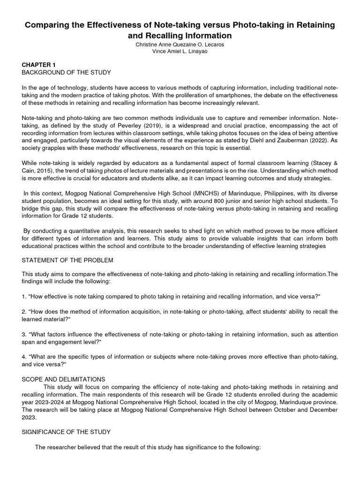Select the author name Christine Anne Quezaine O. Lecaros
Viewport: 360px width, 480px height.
click(x=180, y=44)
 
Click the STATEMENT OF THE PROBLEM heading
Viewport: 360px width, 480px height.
click(x=67, y=260)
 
